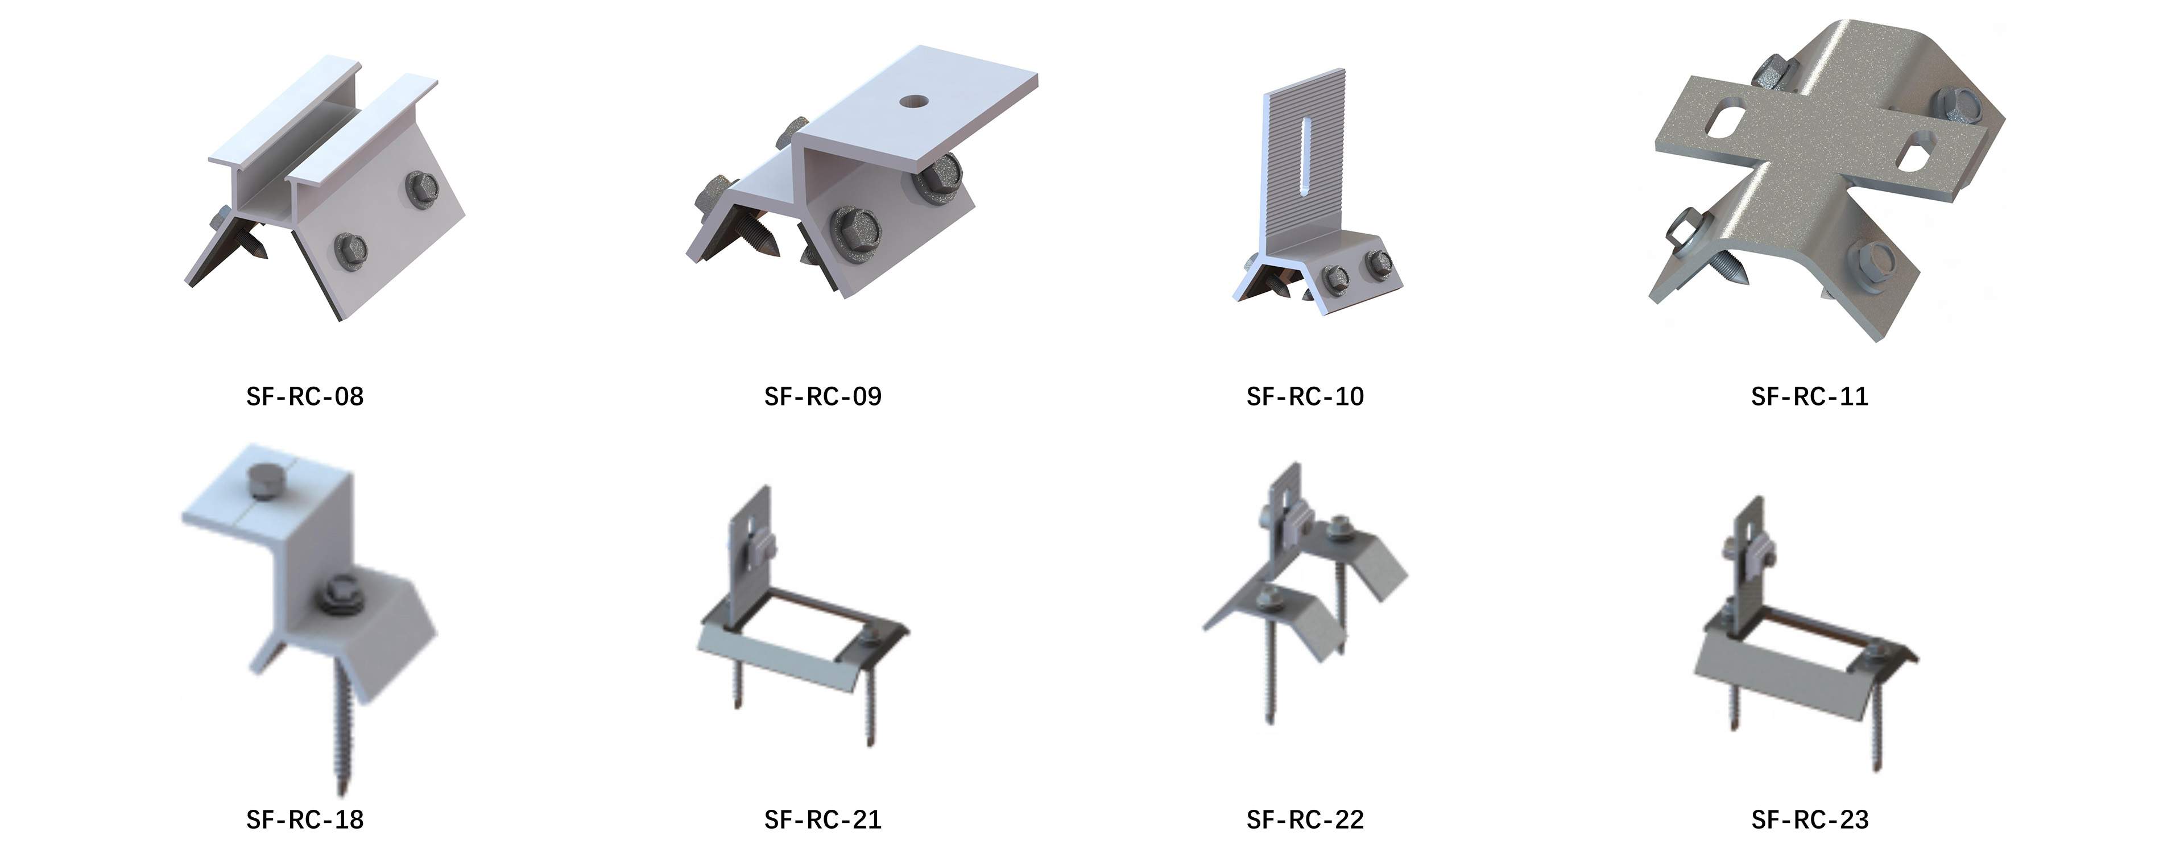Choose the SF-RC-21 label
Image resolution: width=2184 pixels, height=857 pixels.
coord(822,819)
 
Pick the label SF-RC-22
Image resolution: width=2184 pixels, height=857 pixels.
coord(1305,819)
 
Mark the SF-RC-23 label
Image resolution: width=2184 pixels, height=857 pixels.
coord(1809,819)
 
